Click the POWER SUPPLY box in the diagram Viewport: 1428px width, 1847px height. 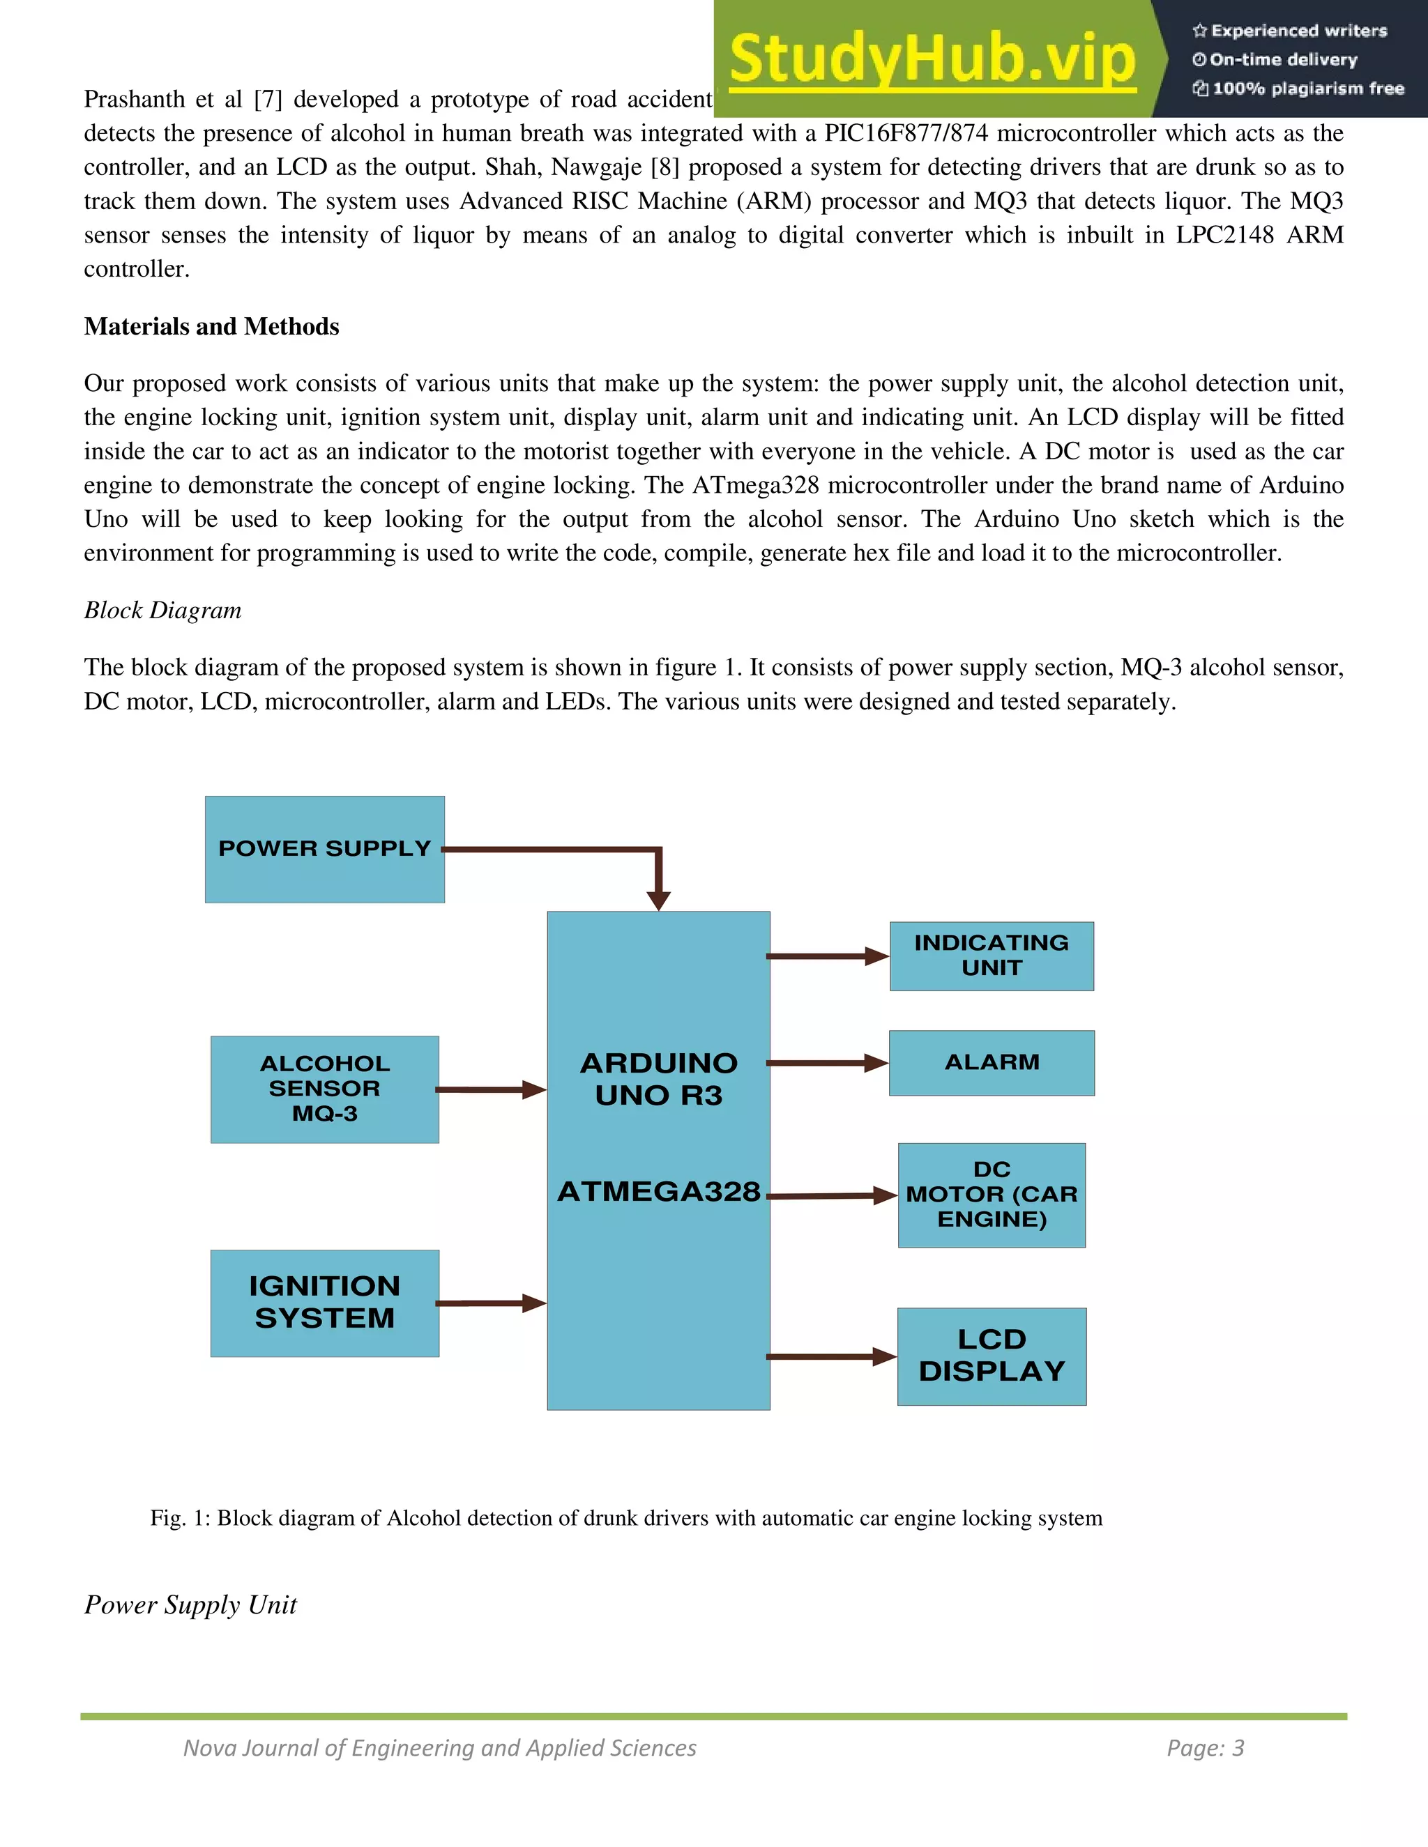coord(325,849)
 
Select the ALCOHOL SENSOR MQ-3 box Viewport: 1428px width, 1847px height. coord(325,1089)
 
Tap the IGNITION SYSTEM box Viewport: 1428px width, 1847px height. coord(325,1303)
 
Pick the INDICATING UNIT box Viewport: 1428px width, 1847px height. coord(992,956)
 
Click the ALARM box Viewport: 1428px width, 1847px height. coord(992,1063)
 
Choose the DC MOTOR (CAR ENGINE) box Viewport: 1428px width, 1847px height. coord(992,1195)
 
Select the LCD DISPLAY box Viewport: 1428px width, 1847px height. coord(992,1356)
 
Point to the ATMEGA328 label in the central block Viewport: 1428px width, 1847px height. coord(658,1192)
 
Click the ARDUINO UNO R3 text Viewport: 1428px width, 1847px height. coord(658,1079)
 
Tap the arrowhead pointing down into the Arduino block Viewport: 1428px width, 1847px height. coord(658,900)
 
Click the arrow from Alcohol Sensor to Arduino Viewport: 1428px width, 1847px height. coord(491,1090)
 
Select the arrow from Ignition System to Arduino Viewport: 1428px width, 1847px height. coord(491,1303)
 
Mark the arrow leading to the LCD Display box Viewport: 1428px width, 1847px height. coord(830,1356)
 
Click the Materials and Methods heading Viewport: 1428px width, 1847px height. coord(211,326)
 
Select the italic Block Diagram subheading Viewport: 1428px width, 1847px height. coord(162,610)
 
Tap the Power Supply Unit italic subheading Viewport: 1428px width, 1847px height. coord(190,1604)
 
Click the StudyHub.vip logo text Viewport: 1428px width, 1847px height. coord(932,59)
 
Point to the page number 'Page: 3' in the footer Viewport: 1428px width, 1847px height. coord(1206,1748)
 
